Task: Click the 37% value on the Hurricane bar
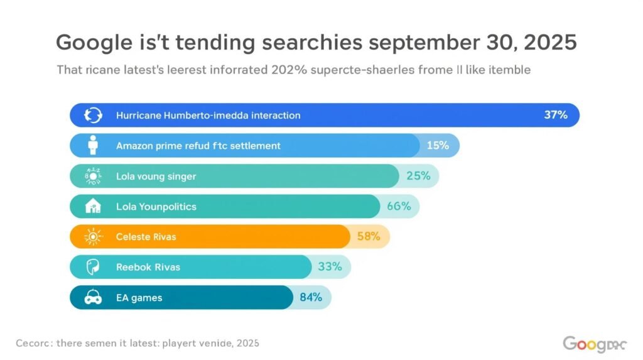tap(555, 115)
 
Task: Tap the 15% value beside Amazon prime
tap(437, 145)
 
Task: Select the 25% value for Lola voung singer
tap(418, 176)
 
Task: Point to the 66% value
tap(399, 206)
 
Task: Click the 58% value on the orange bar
tap(369, 236)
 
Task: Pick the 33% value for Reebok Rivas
tap(330, 266)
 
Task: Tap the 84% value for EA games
tap(310, 297)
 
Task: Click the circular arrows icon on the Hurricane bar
tap(94, 115)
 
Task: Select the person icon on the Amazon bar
tap(94, 145)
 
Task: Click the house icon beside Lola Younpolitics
tap(94, 206)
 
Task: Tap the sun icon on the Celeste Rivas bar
tap(94, 237)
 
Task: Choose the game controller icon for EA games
tap(94, 298)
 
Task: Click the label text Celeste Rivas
tap(146, 237)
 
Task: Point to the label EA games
tap(139, 298)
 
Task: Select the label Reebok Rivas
tap(148, 267)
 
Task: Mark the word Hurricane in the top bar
tap(139, 115)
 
